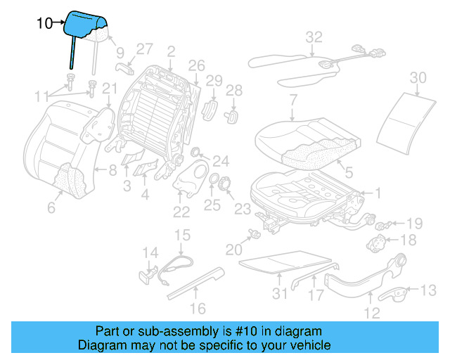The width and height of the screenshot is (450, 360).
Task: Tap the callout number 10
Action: coord(44,23)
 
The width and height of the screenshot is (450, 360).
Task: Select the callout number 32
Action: coord(314,37)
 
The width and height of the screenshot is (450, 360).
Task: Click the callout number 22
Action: coord(181,212)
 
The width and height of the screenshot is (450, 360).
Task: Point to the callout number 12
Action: coord(372,314)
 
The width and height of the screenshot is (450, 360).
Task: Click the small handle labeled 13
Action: coord(400,292)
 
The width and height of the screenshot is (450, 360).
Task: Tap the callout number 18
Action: coord(409,240)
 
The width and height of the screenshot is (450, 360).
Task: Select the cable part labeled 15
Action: coord(179,265)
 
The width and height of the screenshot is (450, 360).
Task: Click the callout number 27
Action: coord(144,49)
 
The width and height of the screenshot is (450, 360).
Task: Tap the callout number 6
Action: coord(51,207)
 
